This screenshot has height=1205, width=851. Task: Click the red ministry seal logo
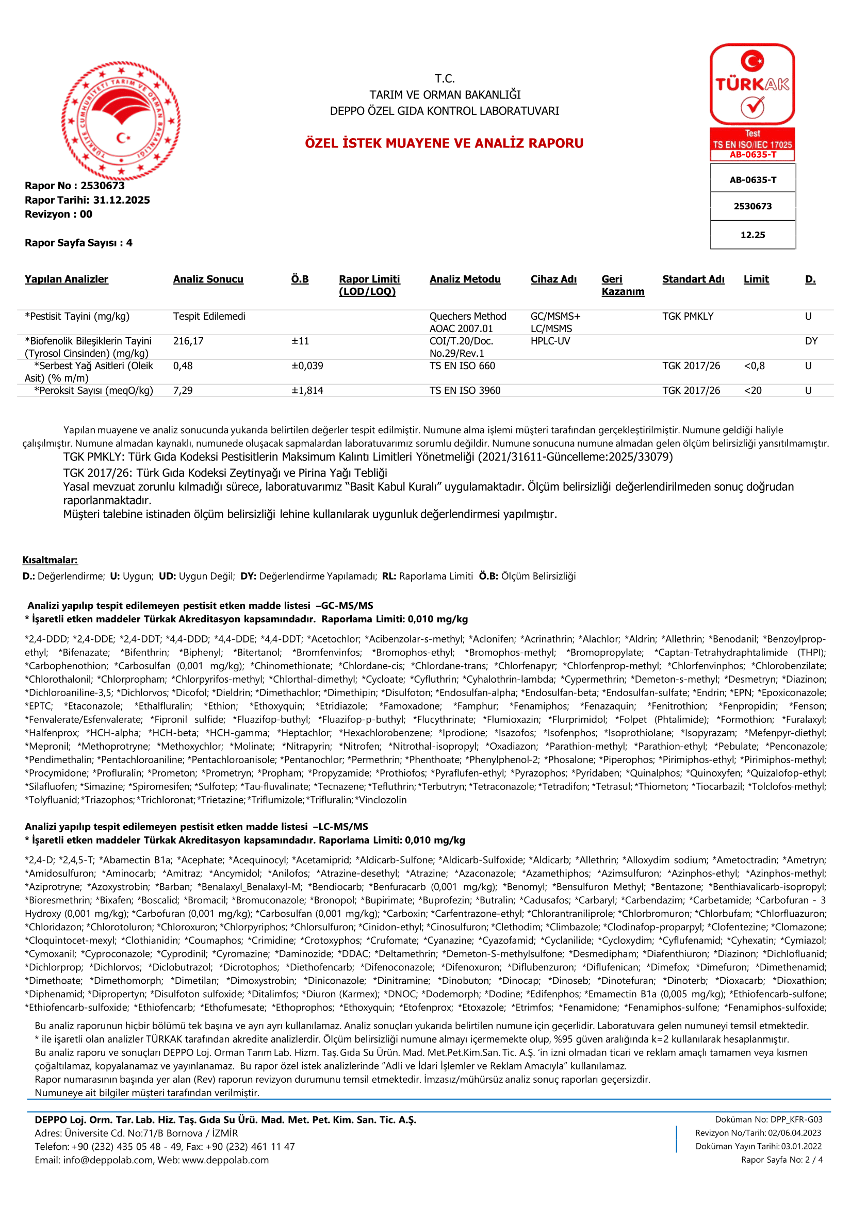pyautogui.click(x=121, y=121)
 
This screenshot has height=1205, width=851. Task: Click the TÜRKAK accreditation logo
pyautogui.click(x=752, y=85)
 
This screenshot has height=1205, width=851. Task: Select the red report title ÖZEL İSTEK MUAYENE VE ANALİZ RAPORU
pyautogui.click(x=444, y=143)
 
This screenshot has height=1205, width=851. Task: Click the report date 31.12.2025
pyautogui.click(x=121, y=200)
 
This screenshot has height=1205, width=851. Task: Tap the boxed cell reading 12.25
pyautogui.click(x=752, y=235)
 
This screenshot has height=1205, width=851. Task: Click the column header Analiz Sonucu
pyautogui.click(x=208, y=279)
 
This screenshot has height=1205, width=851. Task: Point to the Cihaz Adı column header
pyautogui.click(x=553, y=279)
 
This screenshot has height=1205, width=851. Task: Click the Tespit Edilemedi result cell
pyautogui.click(x=209, y=317)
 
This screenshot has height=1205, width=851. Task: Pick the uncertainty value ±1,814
pyautogui.click(x=307, y=390)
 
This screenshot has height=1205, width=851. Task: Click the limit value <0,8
pyautogui.click(x=754, y=366)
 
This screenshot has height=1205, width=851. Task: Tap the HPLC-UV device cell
pyautogui.click(x=550, y=341)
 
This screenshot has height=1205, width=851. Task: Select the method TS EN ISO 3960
pyautogui.click(x=465, y=390)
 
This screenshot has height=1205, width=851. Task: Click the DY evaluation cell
pyautogui.click(x=811, y=341)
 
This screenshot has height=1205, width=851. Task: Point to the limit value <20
pyautogui.click(x=752, y=390)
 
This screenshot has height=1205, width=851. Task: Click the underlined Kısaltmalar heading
pyautogui.click(x=50, y=560)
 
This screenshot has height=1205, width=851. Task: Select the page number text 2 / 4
pyautogui.click(x=814, y=1159)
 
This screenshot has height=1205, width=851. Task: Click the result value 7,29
pyautogui.click(x=183, y=390)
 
